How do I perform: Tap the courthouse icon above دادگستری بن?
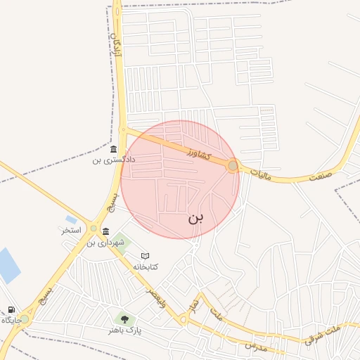(x=114, y=149)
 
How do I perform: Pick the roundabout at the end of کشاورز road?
(x=233, y=166)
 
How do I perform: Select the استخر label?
(x=71, y=230)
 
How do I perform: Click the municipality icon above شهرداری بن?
(x=105, y=232)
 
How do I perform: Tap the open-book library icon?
(x=146, y=256)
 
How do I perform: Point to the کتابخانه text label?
(x=146, y=266)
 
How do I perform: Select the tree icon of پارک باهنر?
(x=124, y=320)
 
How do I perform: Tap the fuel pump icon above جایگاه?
(x=11, y=309)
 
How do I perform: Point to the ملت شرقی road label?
(x=323, y=333)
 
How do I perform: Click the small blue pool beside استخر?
(x=71, y=219)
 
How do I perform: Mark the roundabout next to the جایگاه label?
(x=25, y=319)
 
